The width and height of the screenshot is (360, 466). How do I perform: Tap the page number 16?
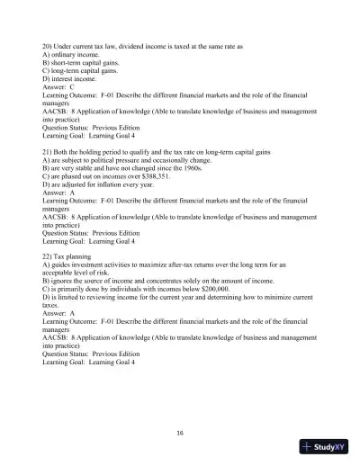(x=180, y=433)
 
